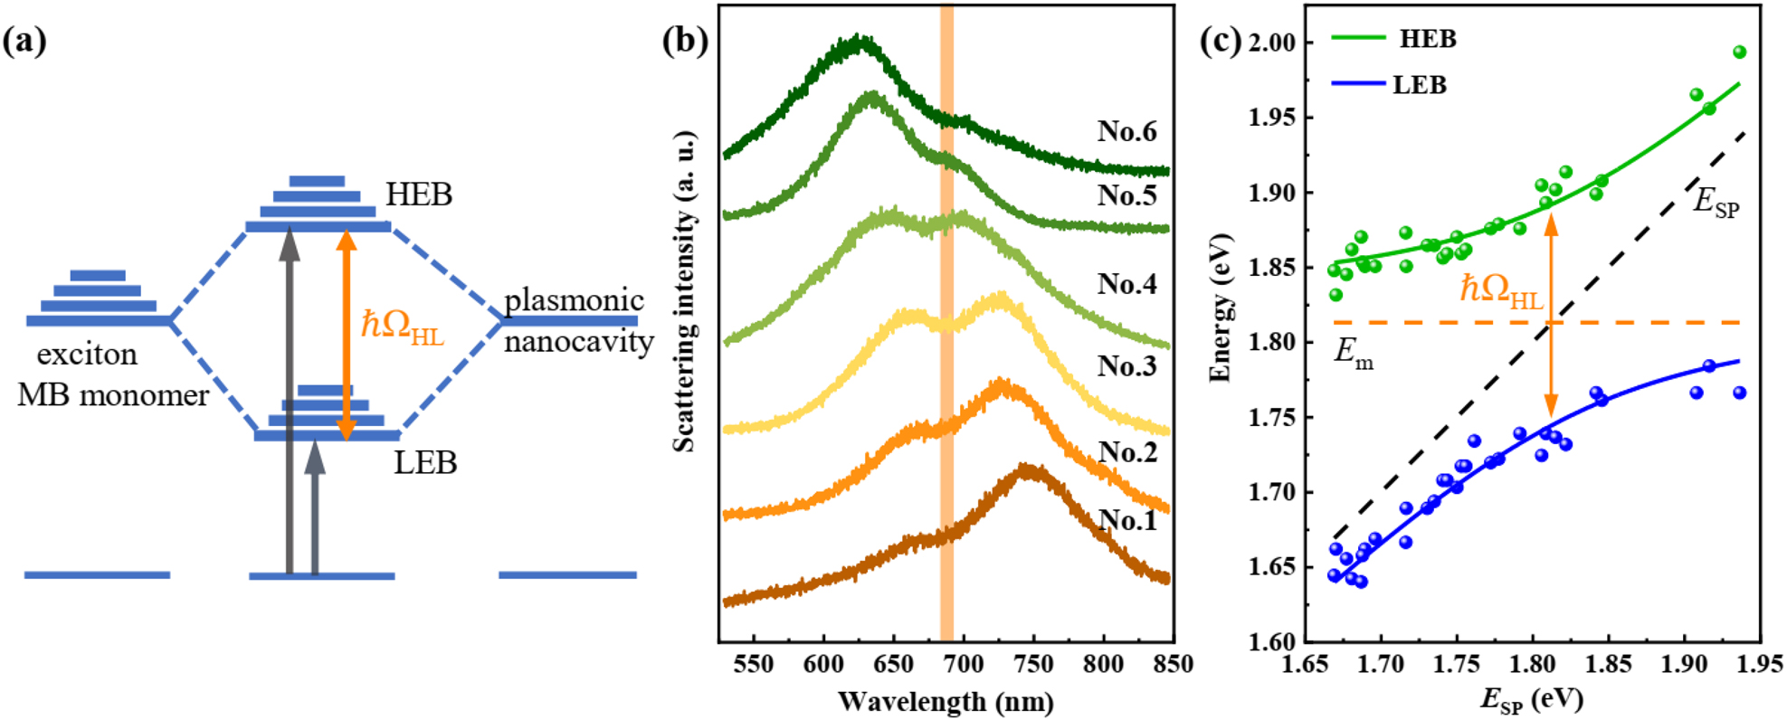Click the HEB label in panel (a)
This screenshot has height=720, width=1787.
418,194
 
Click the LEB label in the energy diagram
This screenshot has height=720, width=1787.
424,463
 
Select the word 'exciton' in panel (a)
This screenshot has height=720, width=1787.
87,354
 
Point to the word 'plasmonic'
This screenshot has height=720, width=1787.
574,300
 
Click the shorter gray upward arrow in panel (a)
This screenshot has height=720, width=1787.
315,507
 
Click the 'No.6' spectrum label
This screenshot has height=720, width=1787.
1126,131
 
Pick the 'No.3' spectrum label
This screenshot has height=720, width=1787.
1126,365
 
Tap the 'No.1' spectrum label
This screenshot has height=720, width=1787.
1126,520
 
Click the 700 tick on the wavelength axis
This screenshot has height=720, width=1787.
964,664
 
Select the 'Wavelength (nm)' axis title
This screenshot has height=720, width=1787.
946,701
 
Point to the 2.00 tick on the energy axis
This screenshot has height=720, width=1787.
1271,43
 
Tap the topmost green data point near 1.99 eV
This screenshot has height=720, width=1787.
1739,52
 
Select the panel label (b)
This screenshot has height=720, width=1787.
685,42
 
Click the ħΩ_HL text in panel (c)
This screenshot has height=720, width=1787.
1500,290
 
